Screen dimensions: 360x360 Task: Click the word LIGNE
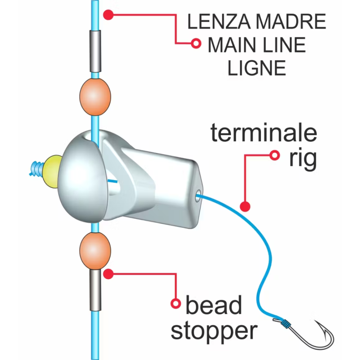click(x=257, y=68)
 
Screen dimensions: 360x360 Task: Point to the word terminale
click(x=264, y=133)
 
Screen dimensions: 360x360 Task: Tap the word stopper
click(x=214, y=331)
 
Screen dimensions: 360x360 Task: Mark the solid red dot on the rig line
click(x=245, y=207)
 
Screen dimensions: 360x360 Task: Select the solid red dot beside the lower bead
click(x=108, y=273)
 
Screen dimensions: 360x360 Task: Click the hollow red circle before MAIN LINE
click(x=196, y=44)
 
